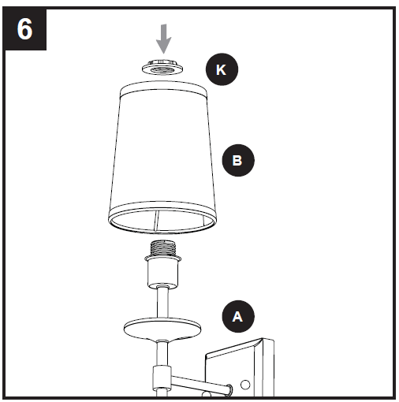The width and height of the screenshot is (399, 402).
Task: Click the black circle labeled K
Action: click(221, 69)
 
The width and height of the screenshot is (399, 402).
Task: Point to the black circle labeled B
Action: click(238, 160)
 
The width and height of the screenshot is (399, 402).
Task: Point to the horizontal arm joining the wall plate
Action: click(197, 383)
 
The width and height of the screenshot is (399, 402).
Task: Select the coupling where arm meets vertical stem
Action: click(161, 377)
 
